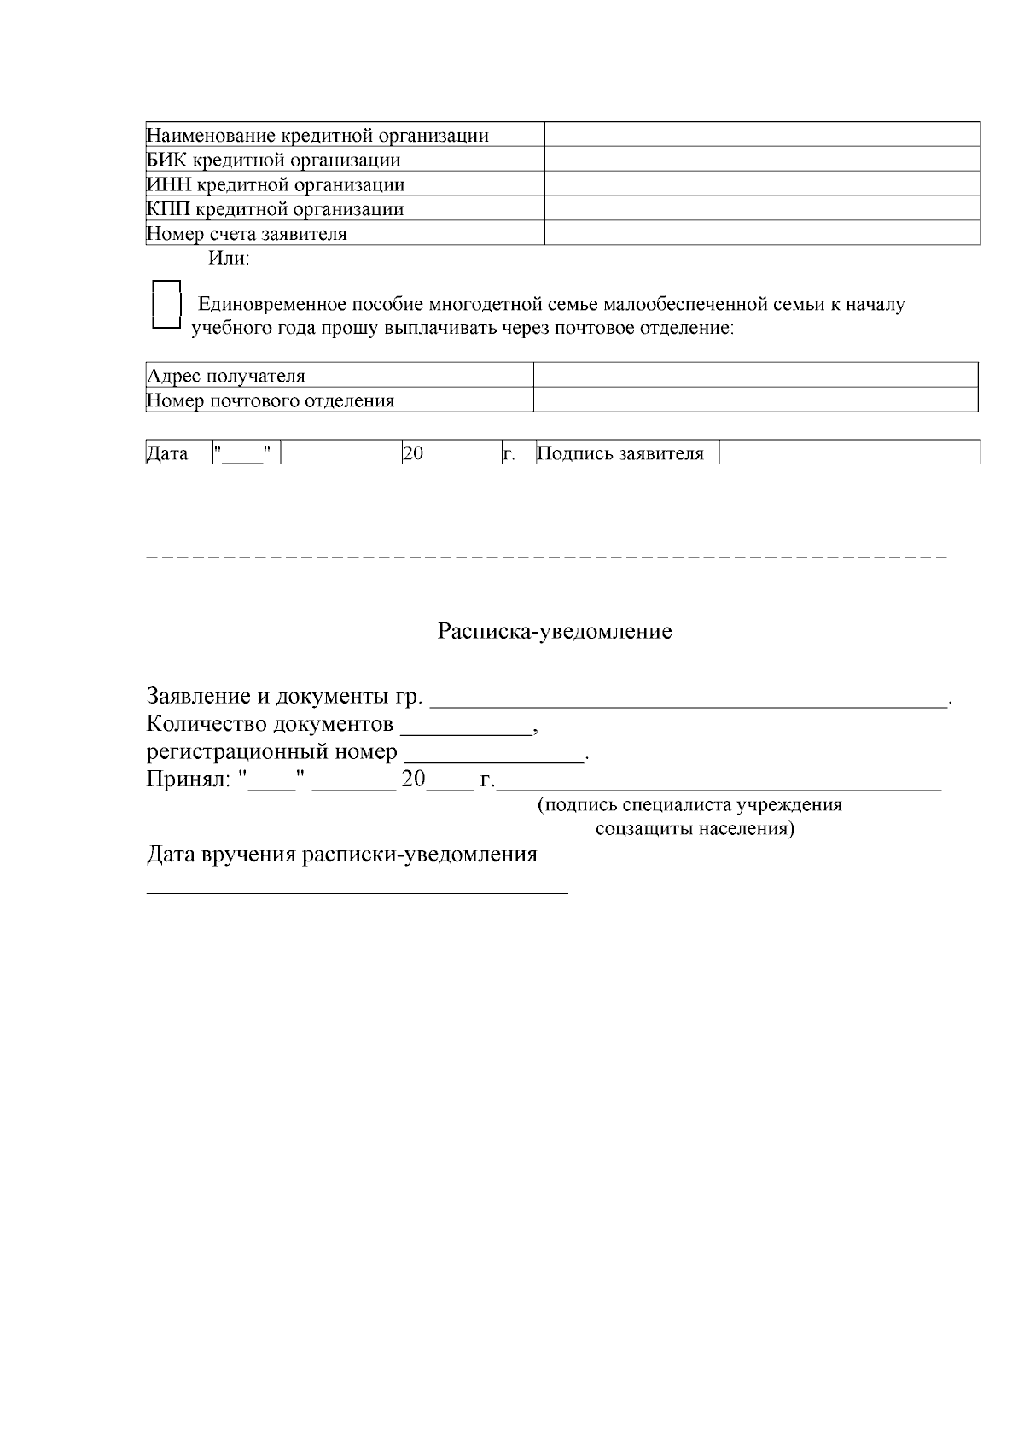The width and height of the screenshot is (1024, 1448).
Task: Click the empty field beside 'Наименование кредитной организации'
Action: coord(762,135)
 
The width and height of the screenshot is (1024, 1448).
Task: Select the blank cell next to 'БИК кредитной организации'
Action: coord(762,160)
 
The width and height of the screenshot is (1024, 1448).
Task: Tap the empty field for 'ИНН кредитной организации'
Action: coord(762,184)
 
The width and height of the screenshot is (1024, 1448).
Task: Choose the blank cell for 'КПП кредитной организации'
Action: coord(762,209)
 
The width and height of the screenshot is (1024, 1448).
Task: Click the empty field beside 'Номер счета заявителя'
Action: coord(762,233)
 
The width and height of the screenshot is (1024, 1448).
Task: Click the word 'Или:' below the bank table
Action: coord(229,258)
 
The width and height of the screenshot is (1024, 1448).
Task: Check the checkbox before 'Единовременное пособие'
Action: coord(166,305)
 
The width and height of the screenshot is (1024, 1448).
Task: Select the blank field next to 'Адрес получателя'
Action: coord(755,376)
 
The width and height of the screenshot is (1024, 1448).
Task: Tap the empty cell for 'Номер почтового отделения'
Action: coord(755,400)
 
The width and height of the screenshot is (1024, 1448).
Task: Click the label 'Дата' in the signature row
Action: coord(168,453)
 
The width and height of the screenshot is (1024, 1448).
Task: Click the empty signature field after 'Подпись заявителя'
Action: coord(849,452)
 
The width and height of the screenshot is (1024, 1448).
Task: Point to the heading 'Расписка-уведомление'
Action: coord(555,632)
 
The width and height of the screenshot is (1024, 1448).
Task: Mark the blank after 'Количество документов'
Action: coord(466,727)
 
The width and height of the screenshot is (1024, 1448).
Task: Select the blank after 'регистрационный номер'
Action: coord(494,755)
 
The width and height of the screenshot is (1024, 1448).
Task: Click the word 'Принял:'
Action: coord(189,779)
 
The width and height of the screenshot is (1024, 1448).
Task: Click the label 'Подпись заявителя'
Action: coord(620,453)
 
